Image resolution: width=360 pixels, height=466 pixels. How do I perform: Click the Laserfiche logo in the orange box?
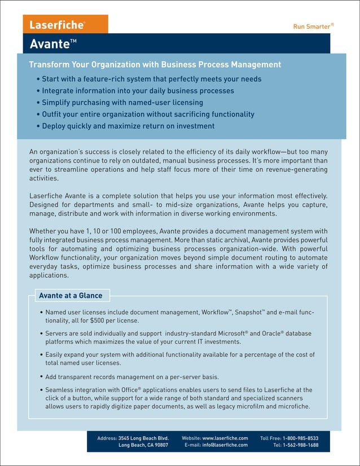(58, 25)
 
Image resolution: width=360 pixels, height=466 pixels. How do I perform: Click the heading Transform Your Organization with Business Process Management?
(155, 64)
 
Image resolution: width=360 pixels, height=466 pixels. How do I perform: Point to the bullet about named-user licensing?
(122, 103)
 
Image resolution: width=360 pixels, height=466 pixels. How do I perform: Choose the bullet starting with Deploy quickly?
(128, 126)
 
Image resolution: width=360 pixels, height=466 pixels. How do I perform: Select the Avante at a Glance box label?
(71, 295)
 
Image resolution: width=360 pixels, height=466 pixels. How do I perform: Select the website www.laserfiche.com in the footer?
(225, 438)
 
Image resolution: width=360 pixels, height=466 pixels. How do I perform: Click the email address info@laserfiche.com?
(225, 445)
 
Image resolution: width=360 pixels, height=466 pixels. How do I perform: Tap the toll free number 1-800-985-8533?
(300, 438)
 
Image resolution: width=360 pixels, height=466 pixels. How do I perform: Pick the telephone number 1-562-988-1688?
(300, 445)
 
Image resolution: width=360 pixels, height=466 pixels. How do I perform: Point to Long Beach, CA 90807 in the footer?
(143, 445)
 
